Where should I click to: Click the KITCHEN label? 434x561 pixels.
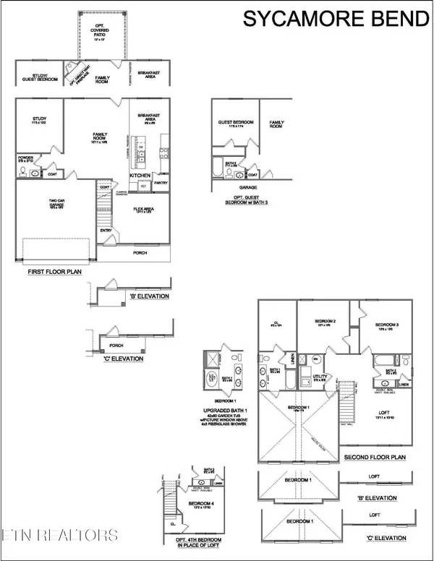(140, 176)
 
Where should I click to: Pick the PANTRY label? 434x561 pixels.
(161, 184)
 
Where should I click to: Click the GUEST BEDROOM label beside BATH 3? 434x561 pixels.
(237, 122)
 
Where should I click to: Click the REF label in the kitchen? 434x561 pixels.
(143, 187)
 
